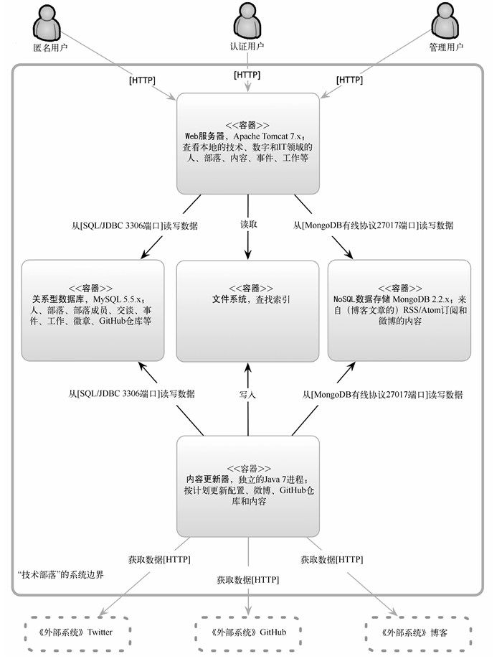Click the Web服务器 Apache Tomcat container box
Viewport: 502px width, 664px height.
[x=248, y=143]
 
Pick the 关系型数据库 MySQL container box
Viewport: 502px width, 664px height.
[x=93, y=310]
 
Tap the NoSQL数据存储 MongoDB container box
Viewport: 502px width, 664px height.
[x=399, y=310]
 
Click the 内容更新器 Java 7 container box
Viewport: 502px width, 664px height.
[x=248, y=486]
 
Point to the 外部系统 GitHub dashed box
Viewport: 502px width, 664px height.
[x=248, y=632]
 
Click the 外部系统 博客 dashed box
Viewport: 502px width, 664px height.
[x=415, y=632]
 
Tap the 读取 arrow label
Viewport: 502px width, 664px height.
[x=248, y=225]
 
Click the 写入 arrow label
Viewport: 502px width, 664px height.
[x=247, y=395]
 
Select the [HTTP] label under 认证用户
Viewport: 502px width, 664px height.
[x=247, y=75]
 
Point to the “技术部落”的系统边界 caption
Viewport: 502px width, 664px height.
[x=62, y=576]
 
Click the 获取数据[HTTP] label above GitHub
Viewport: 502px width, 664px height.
[x=248, y=579]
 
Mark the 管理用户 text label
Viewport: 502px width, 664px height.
[x=446, y=47]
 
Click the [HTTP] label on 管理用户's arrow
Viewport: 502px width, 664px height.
[x=350, y=80]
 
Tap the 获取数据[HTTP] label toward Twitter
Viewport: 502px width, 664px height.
[x=159, y=559]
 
